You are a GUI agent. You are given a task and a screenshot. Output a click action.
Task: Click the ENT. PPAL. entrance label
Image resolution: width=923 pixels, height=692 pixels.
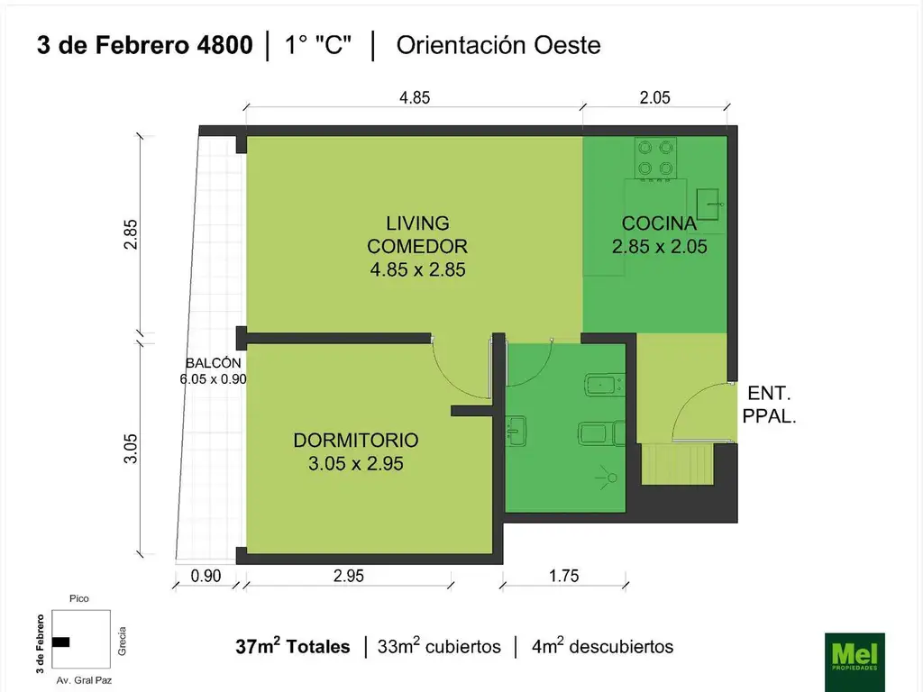(769, 405)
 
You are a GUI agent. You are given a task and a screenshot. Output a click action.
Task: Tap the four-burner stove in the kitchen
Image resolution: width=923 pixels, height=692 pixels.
(655, 158)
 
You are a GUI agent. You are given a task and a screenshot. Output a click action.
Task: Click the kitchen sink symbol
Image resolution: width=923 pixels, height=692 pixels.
(708, 204)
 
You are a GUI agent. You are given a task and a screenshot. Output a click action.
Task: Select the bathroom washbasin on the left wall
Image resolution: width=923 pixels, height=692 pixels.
(516, 431)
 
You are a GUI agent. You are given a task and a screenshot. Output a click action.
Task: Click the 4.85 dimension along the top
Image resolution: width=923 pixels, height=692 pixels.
(415, 97)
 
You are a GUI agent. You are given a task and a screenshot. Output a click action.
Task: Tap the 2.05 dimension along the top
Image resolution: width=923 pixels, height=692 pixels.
(654, 97)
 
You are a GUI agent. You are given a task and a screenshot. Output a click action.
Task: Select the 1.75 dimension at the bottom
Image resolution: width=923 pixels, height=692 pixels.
(564, 576)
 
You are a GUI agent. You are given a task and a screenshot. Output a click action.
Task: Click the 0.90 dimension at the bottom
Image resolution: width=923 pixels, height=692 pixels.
(206, 576)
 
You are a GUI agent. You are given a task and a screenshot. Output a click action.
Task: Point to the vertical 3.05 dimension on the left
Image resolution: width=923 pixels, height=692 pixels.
(131, 449)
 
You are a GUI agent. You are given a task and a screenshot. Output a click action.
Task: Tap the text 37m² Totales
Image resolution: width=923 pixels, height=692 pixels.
(293, 646)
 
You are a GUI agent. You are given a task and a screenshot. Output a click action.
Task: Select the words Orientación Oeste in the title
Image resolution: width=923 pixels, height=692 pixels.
(498, 45)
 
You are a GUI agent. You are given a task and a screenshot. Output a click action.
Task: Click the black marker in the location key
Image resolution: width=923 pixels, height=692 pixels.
(60, 642)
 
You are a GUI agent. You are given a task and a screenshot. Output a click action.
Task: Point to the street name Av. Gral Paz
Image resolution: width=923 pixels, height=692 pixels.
(84, 680)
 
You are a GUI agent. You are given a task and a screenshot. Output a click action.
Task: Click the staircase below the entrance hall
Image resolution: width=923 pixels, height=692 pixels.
(677, 464)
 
